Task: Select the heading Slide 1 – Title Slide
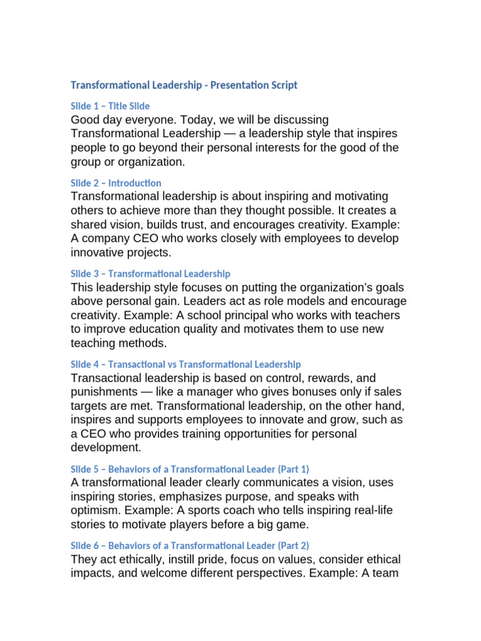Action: [x=110, y=106]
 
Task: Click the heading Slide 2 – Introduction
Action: [x=116, y=183]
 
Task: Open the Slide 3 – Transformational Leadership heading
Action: [x=150, y=274]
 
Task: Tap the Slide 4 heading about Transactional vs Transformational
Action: [x=186, y=364]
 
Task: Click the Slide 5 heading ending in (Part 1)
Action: [x=190, y=468]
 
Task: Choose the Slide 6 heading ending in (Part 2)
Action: [x=190, y=545]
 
